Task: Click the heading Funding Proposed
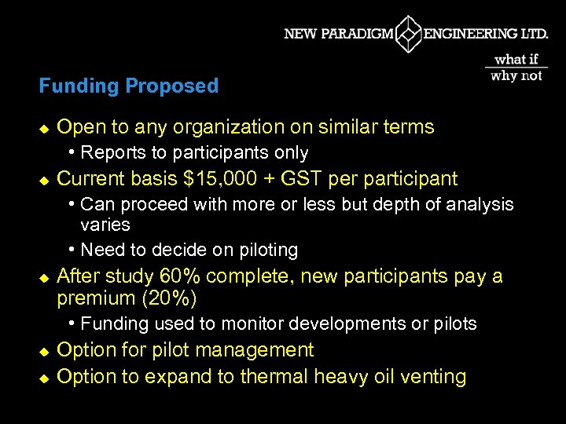coord(129,86)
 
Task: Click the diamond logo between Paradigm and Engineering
coord(409,34)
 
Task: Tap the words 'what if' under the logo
coord(516,59)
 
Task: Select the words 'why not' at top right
coord(516,75)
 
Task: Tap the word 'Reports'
coord(110,152)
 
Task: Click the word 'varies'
coord(105,225)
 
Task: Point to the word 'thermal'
coord(274,377)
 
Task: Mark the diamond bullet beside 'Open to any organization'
coord(44,128)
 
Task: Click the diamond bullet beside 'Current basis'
coord(44,180)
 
